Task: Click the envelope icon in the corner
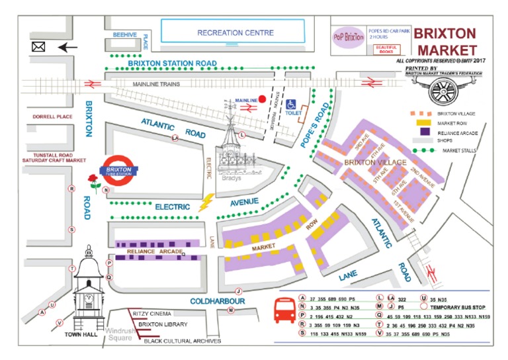pyautogui.click(x=38, y=48)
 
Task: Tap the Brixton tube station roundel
pyautogui.click(x=120, y=169)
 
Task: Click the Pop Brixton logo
pyautogui.click(x=349, y=38)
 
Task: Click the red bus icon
pyautogui.click(x=284, y=309)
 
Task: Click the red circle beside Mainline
pyautogui.click(x=263, y=100)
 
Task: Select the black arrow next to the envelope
pyautogui.click(x=67, y=48)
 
